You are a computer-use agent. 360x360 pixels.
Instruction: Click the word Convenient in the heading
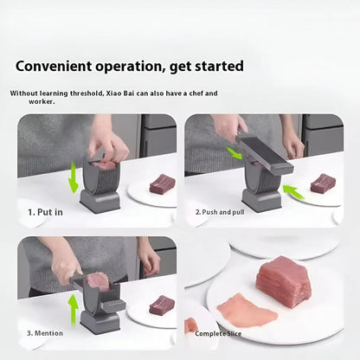tap(55, 67)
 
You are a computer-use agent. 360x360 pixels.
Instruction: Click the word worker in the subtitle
tap(41, 101)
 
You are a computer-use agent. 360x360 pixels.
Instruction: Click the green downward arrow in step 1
tap(74, 177)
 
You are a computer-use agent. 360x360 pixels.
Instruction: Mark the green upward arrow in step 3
tap(73, 308)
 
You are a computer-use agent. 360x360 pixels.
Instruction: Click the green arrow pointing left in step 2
tap(294, 192)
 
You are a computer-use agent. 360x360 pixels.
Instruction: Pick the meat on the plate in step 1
tap(161, 183)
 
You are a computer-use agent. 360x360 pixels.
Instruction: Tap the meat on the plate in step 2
tap(322, 183)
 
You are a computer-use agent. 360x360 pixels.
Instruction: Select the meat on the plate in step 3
tap(161, 305)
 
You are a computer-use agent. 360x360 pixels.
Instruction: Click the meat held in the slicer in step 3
tap(99, 280)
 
